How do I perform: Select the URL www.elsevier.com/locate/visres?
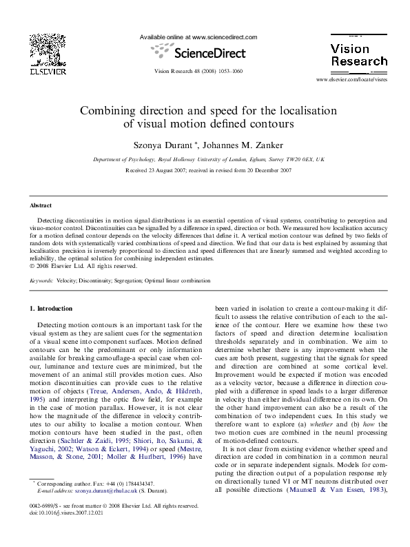pos(351,81)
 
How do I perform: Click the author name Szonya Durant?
pos(170,145)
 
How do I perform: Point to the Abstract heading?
pos(41,205)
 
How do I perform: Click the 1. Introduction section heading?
pos(52,308)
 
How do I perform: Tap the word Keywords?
pos(41,281)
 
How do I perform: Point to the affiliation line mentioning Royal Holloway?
pos(208,159)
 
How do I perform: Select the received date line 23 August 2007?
pos(208,170)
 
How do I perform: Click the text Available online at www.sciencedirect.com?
pos(198,37)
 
